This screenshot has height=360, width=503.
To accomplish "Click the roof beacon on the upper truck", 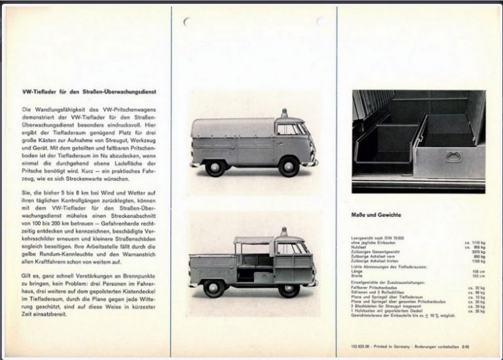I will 284,113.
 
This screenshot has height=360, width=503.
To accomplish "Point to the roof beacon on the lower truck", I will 284,232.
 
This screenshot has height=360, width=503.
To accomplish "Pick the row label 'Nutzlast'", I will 362,247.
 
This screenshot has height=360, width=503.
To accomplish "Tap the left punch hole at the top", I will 188,22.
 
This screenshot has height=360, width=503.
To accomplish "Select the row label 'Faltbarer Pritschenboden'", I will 377,286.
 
